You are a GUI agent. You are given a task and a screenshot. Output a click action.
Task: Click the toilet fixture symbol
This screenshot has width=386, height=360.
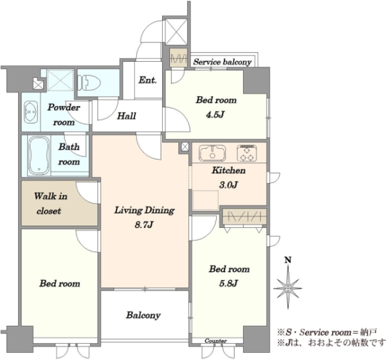click(89, 83)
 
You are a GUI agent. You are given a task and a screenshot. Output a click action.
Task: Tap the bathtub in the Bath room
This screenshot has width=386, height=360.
click(39, 156)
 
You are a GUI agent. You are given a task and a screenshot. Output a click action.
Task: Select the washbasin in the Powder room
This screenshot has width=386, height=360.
click(31, 112)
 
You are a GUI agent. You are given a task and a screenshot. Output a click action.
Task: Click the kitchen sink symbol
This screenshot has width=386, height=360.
click(212, 153)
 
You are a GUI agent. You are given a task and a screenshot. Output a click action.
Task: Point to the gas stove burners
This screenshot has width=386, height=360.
click(247, 153)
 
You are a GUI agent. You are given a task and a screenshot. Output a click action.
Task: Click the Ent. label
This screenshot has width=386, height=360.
click(147, 80)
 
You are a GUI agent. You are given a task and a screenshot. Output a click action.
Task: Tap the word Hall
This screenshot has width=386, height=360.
click(126, 116)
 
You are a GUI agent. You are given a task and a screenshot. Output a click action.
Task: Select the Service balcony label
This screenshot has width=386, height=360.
click(223, 62)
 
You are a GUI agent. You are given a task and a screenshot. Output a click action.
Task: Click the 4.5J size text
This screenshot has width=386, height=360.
click(216, 115)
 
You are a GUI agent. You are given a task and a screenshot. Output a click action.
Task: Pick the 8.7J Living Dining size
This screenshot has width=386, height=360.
click(144, 225)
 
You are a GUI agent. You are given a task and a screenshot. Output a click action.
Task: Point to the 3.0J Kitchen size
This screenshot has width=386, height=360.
click(228, 185)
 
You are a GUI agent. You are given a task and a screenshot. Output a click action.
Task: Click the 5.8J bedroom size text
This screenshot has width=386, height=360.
click(228, 283)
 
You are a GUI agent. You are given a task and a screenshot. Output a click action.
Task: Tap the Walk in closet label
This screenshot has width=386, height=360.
click(50, 204)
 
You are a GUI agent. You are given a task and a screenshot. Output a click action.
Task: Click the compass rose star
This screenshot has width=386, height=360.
click(288, 288)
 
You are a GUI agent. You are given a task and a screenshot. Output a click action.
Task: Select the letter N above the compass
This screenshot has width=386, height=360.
click(288, 260)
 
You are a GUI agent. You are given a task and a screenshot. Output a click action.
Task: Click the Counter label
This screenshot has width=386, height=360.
click(216, 341)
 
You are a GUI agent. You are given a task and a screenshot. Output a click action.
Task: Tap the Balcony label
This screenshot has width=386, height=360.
click(143, 315)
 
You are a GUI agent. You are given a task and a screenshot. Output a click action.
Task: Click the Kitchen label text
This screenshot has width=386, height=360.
click(228, 170)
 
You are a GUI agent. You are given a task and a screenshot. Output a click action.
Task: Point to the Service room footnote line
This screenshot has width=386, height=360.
click(327, 332)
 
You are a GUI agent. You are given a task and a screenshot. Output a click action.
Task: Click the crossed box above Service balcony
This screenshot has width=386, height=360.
click(176, 32)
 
